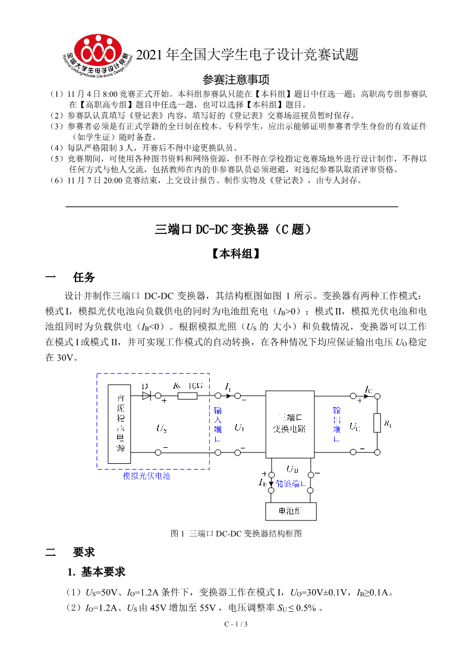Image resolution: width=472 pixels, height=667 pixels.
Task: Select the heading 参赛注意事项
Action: pyautogui.click(x=236, y=80)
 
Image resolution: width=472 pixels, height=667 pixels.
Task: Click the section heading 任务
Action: pyautogui.click(x=84, y=277)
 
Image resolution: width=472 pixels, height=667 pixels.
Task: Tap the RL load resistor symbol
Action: pyautogui.click(x=376, y=423)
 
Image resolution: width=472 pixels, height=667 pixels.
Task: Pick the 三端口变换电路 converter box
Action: pyautogui.click(x=290, y=423)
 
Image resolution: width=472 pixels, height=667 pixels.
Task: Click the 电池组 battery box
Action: pyautogui.click(x=290, y=511)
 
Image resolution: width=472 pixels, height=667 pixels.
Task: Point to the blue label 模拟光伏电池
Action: pyautogui.click(x=146, y=476)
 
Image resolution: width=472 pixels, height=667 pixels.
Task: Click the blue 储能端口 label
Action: pyautogui.click(x=291, y=483)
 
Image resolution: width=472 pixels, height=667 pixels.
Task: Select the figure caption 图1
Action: pyautogui.click(x=236, y=533)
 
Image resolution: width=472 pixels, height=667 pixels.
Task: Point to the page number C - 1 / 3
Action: pyautogui.click(x=235, y=624)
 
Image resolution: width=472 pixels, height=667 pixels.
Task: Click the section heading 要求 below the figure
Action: pyautogui.click(x=84, y=552)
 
